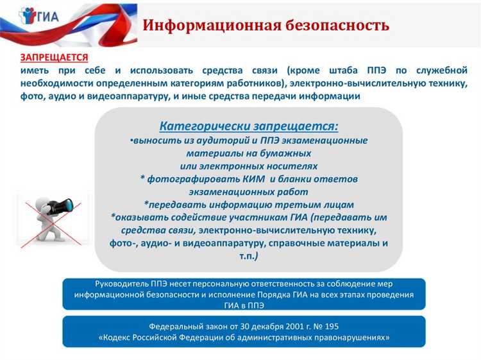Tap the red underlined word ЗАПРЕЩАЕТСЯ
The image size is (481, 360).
coord(54,57)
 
